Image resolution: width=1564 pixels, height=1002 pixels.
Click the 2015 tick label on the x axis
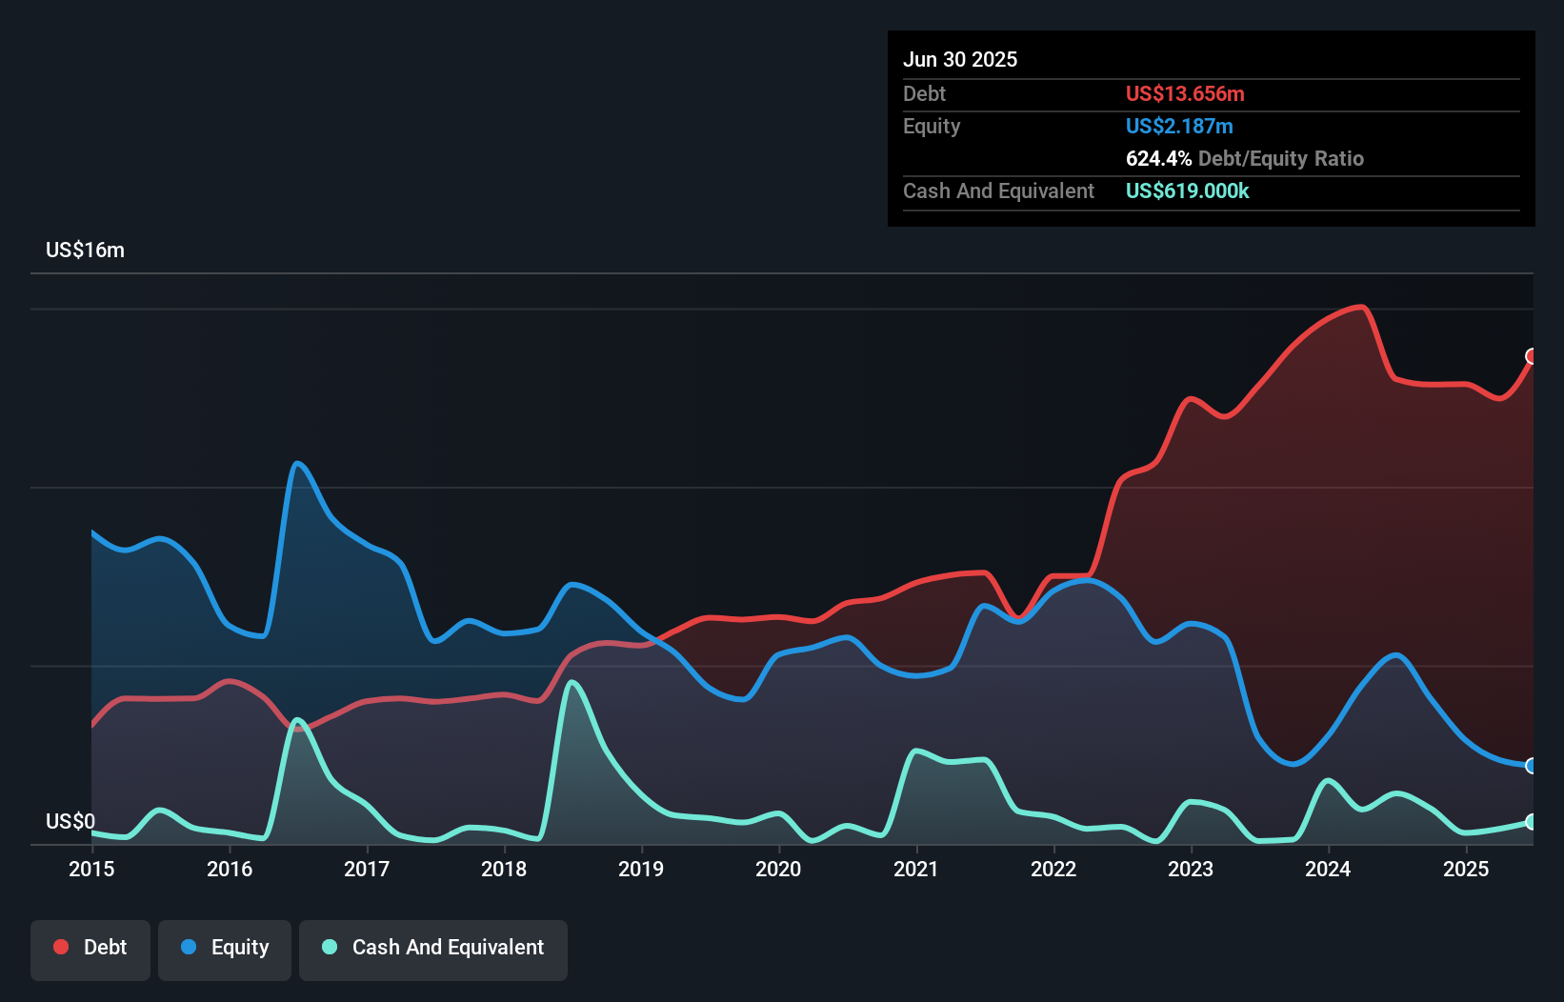(91, 869)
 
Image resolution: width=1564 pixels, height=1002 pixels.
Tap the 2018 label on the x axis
(504, 869)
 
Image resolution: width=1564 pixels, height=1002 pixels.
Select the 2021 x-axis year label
(915, 869)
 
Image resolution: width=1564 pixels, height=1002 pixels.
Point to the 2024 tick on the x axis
(1328, 869)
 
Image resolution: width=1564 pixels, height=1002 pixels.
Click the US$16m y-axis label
(85, 250)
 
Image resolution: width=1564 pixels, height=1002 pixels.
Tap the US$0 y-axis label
(70, 821)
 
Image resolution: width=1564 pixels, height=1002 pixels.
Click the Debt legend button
(90, 948)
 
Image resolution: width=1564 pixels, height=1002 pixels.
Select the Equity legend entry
(225, 948)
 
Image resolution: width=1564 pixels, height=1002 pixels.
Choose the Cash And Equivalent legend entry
(433, 948)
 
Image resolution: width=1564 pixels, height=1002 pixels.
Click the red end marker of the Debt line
(1532, 356)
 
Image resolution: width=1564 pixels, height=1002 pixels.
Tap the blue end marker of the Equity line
(1532, 766)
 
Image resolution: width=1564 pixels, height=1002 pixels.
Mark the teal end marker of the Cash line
(1532, 821)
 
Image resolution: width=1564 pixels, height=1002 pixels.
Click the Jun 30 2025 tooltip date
(960, 59)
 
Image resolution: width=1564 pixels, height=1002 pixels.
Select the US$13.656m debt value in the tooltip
(1185, 93)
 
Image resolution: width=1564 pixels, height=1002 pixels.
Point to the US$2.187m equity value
(1179, 126)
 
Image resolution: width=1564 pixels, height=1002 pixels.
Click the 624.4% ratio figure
(1158, 158)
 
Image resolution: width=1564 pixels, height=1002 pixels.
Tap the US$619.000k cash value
(1187, 190)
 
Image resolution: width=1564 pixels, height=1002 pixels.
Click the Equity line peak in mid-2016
(298, 463)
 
